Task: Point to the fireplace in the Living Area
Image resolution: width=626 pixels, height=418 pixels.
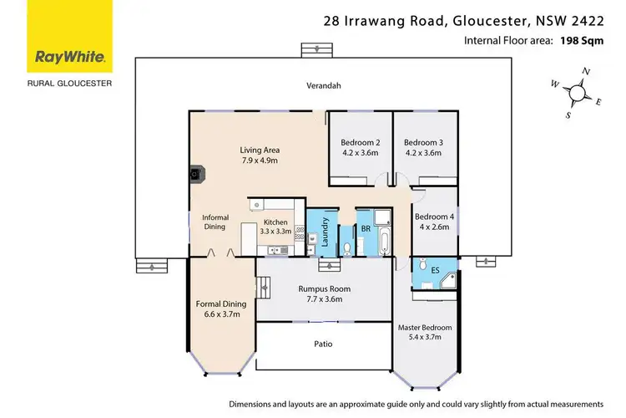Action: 196,175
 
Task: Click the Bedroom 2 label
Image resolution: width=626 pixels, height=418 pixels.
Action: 360,141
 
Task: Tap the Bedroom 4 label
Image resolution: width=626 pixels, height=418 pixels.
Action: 434,217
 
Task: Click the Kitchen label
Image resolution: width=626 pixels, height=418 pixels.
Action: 274,222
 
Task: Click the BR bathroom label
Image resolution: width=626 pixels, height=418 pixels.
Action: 366,227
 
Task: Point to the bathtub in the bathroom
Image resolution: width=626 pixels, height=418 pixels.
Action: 383,245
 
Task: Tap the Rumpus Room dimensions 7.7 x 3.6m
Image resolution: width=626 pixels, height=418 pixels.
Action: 324,298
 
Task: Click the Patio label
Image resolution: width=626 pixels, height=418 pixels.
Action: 324,343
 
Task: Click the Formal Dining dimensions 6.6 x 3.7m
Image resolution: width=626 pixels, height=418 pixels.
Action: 218,315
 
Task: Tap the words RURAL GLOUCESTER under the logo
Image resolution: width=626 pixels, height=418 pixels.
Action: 69,84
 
